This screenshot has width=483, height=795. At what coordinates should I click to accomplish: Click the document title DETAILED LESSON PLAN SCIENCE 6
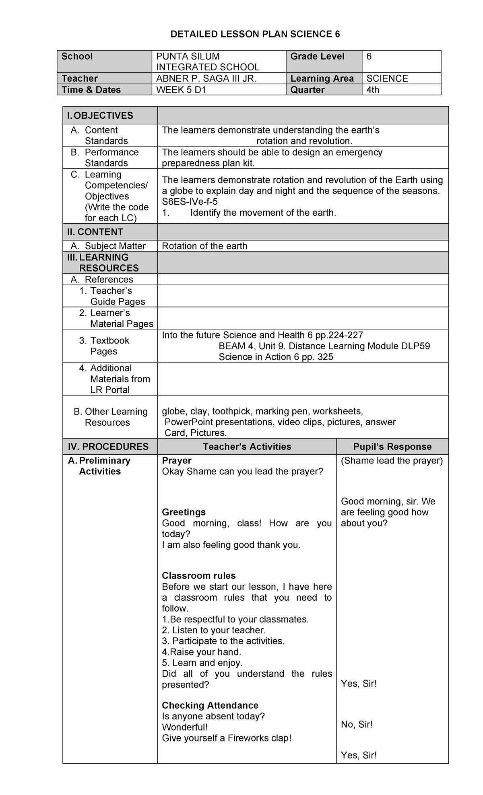[255, 35]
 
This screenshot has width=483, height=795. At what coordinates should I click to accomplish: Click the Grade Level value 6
[369, 56]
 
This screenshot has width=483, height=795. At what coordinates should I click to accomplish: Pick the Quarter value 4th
[373, 90]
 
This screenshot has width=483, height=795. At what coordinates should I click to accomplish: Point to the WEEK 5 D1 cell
[181, 90]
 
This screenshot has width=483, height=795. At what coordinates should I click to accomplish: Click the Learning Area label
[322, 78]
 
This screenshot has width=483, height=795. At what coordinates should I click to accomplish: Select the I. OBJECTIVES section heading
[100, 116]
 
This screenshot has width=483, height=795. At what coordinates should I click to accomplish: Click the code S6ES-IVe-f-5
[190, 202]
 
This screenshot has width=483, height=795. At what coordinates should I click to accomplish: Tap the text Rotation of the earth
[204, 246]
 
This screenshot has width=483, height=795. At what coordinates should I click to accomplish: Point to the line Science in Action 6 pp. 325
[276, 357]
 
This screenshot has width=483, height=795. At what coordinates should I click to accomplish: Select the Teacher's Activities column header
[247, 447]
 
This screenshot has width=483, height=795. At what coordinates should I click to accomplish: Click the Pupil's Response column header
[392, 447]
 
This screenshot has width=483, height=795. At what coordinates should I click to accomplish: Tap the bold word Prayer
[176, 460]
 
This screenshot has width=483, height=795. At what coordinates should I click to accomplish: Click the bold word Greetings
[184, 512]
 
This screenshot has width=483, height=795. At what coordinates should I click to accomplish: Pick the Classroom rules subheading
[198, 576]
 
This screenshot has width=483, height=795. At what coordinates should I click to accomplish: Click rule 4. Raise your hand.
[201, 652]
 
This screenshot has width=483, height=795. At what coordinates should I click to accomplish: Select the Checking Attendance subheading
[210, 705]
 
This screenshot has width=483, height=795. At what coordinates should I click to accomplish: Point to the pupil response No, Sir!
[357, 725]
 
